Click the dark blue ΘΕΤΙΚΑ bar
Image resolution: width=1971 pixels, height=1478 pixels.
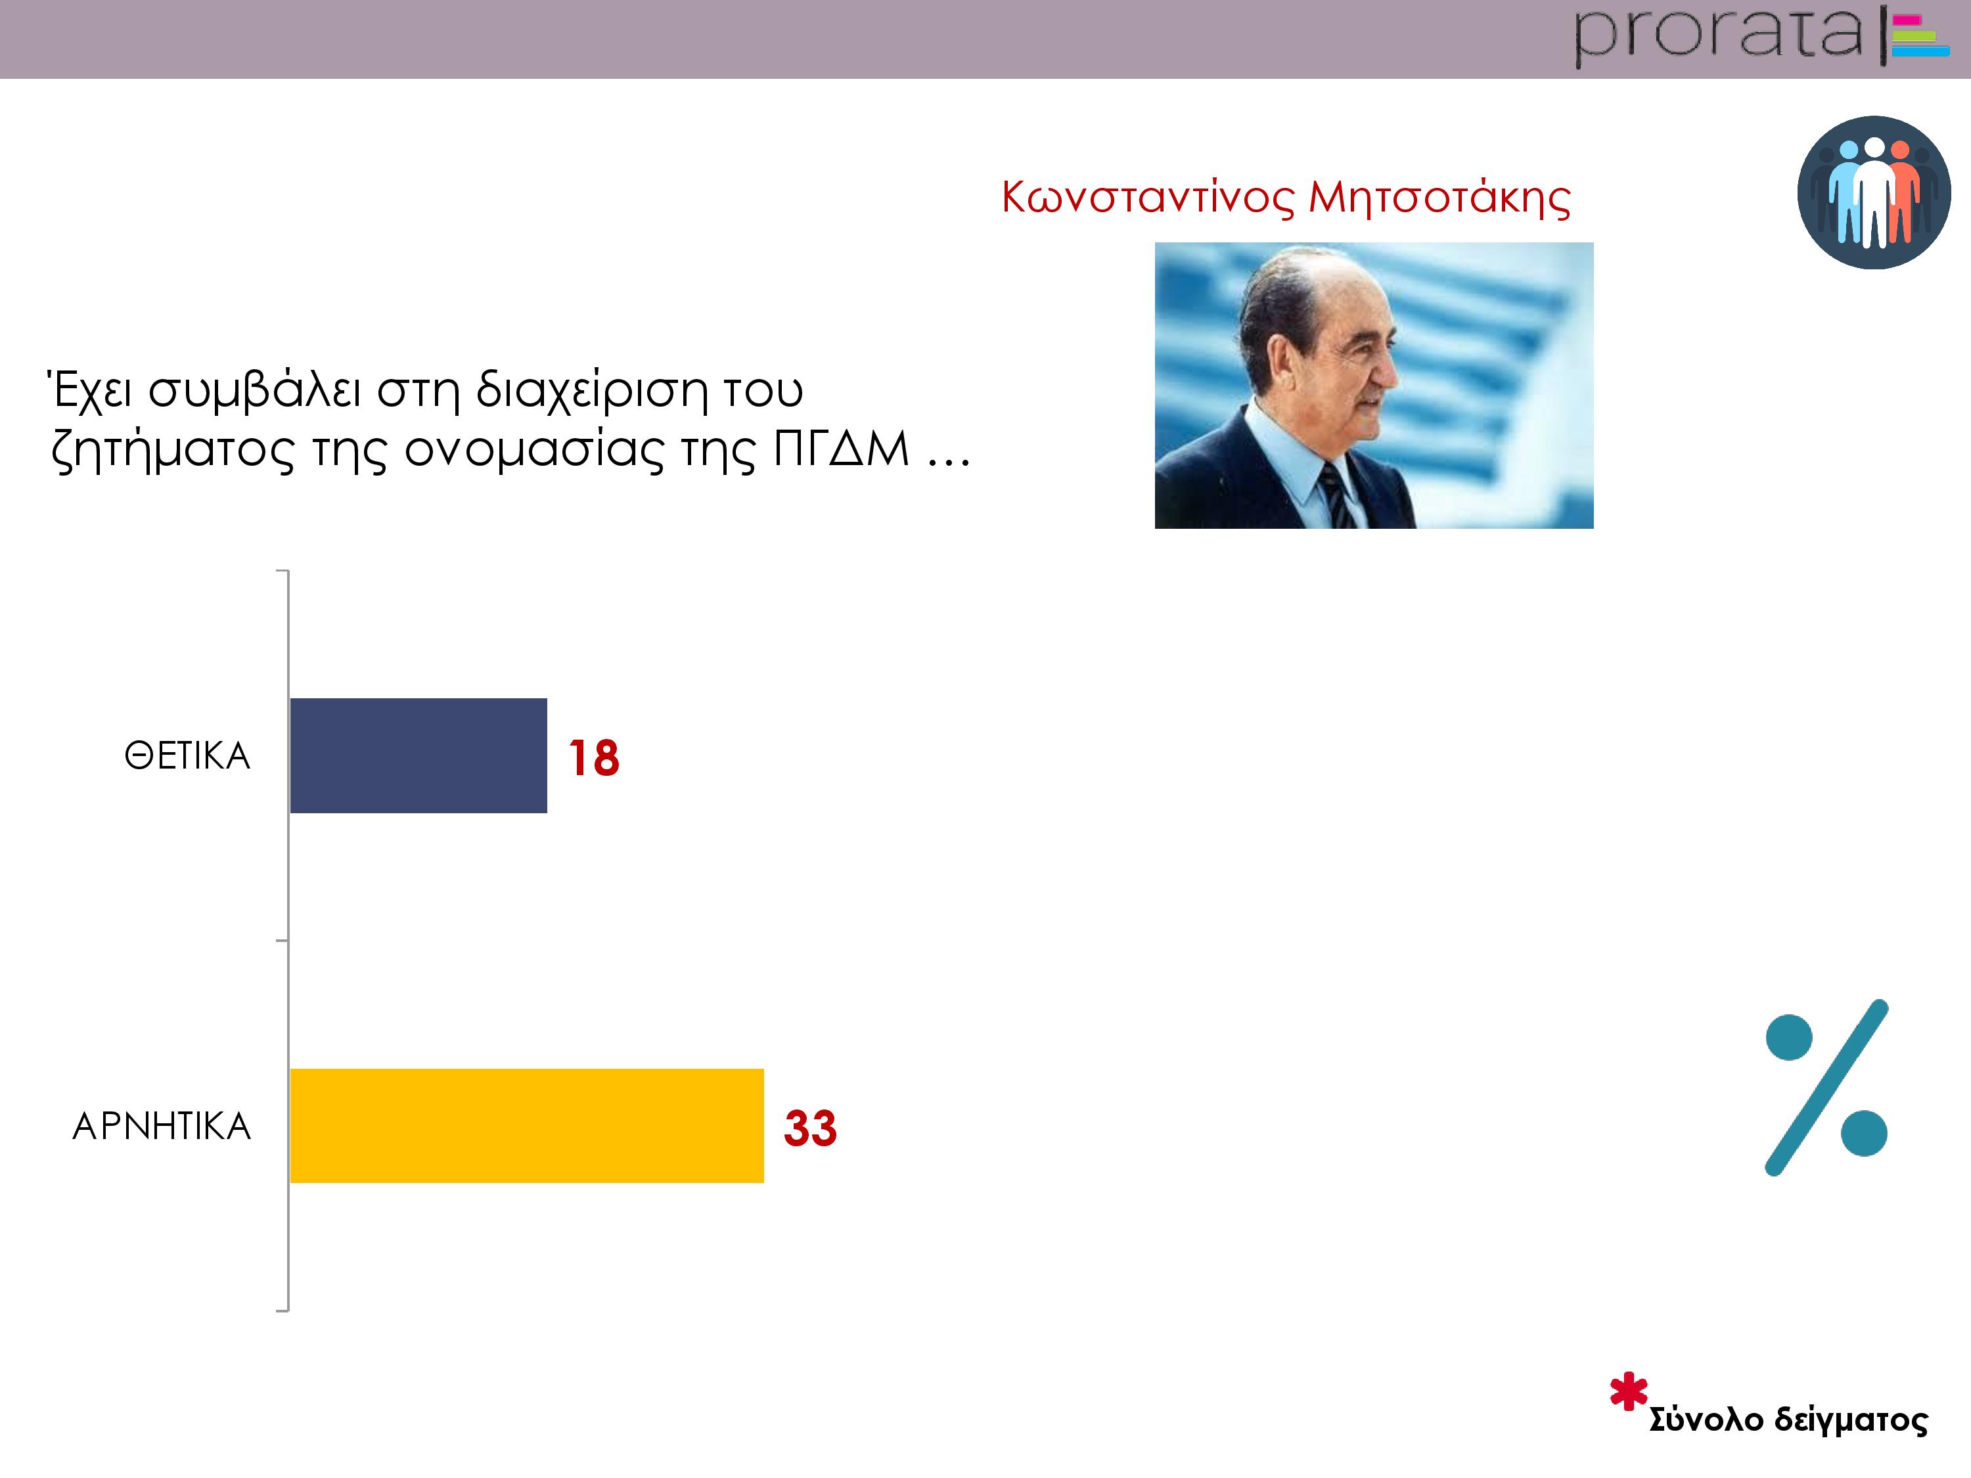coord(418,755)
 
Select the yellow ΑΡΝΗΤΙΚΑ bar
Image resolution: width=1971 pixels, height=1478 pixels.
coord(527,1125)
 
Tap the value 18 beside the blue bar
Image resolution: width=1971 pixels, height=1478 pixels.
coord(593,758)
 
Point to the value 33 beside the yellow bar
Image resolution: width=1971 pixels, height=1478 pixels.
coord(810,1128)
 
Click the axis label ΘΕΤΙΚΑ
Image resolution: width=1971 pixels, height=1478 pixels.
coord(187,755)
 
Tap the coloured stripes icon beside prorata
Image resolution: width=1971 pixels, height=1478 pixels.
coord(1920,35)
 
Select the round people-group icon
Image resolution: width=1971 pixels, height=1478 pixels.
coord(1874,192)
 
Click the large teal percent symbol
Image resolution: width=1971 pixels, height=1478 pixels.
coord(1826,1087)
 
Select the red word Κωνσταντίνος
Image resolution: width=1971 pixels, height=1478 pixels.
coord(1148,198)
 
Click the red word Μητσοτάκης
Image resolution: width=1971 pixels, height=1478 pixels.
coord(1439,198)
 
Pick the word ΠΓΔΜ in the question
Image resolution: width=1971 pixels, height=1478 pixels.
coord(840,448)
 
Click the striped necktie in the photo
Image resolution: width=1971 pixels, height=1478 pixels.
coord(1336,496)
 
